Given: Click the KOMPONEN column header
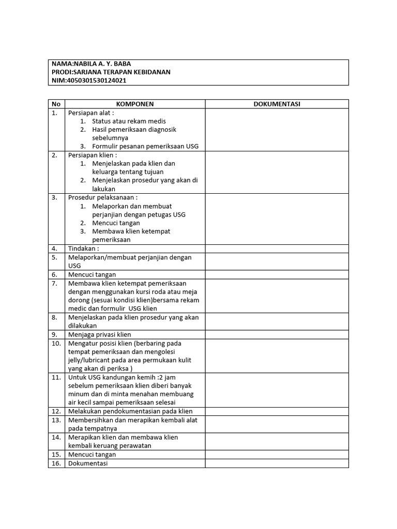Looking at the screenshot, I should (x=134, y=104).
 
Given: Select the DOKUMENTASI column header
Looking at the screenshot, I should (x=277, y=104).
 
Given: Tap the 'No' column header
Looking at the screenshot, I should (x=56, y=104).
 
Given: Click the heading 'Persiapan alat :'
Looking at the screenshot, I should (x=91, y=113).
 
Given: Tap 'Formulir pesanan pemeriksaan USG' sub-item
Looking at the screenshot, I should (x=145, y=146).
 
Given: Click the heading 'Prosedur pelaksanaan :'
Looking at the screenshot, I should (x=102, y=197).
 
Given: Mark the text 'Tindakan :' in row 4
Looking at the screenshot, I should (x=83, y=248).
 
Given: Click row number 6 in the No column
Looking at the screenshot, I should (x=55, y=274).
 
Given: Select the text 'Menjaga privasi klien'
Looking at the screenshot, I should (x=99, y=334).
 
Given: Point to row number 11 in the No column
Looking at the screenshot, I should (x=56, y=377).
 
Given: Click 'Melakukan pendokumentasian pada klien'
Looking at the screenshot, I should (x=130, y=411).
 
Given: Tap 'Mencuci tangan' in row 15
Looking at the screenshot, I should (x=92, y=455).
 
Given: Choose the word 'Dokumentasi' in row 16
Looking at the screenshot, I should (x=87, y=463).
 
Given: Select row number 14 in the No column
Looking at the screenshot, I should (x=56, y=437).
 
